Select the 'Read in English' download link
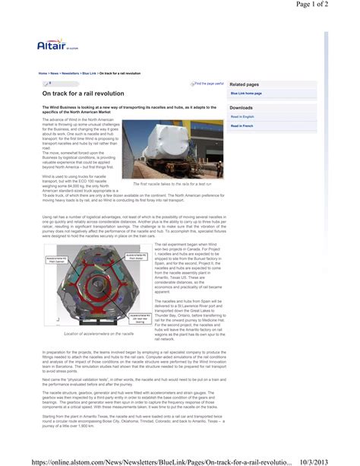click(243, 117)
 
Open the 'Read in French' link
click(242, 125)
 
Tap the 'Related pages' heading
click(245, 84)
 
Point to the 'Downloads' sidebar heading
click(242, 108)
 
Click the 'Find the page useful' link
click(209, 84)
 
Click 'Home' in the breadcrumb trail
click(43, 73)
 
